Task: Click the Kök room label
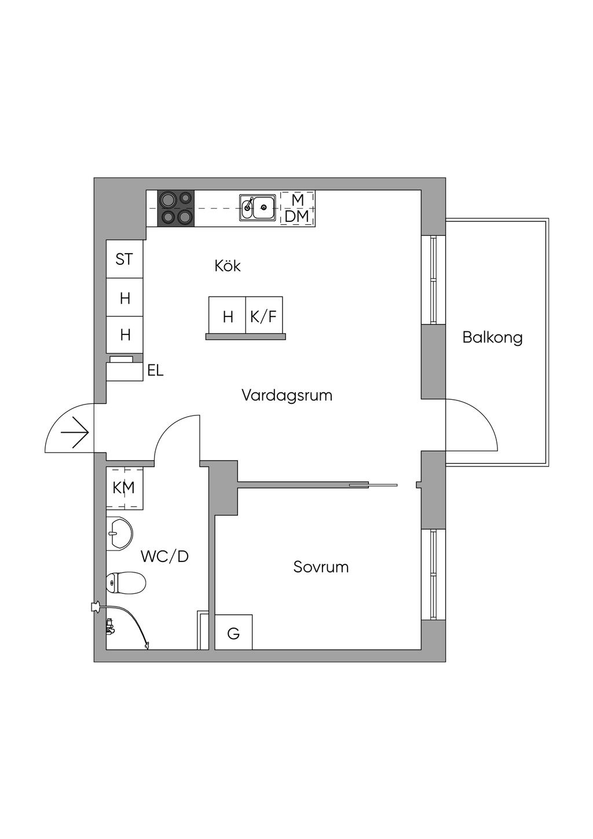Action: pyautogui.click(x=228, y=266)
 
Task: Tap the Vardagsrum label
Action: pyautogui.click(x=287, y=395)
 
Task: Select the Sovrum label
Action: pyautogui.click(x=321, y=567)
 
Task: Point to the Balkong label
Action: pyautogui.click(x=492, y=337)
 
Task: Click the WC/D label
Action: pyautogui.click(x=164, y=557)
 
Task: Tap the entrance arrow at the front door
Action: pyautogui.click(x=75, y=433)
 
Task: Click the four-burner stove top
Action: pyautogui.click(x=176, y=208)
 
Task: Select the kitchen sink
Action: pyautogui.click(x=258, y=207)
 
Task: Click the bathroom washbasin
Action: pyautogui.click(x=119, y=534)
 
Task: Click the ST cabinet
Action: pyautogui.click(x=125, y=259)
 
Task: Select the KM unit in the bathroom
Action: pyautogui.click(x=125, y=488)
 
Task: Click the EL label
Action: pyautogui.click(x=155, y=371)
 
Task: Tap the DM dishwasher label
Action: pyautogui.click(x=297, y=216)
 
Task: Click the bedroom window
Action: pyautogui.click(x=434, y=574)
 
